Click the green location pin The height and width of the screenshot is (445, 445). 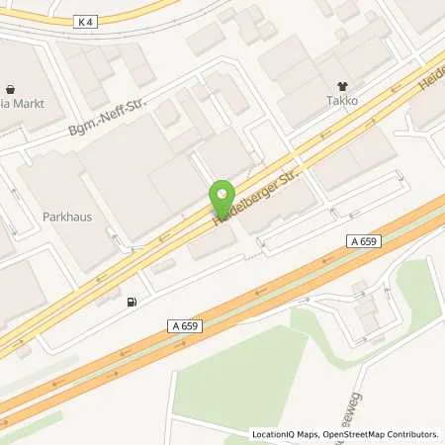point(222,196)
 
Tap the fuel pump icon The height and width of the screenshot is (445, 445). point(132,301)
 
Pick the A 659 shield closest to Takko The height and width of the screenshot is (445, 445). point(364,240)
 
